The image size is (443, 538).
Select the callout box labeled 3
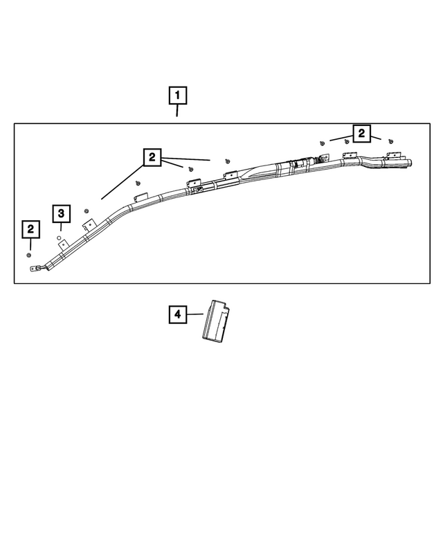(x=61, y=213)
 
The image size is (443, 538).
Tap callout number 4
(x=177, y=315)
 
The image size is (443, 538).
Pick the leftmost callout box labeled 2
(x=30, y=228)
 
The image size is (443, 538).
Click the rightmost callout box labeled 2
(x=361, y=133)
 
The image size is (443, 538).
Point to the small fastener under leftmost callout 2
(x=29, y=255)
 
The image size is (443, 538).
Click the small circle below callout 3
(x=60, y=237)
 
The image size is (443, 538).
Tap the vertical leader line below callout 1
(x=177, y=109)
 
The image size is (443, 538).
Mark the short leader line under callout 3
(x=61, y=226)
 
